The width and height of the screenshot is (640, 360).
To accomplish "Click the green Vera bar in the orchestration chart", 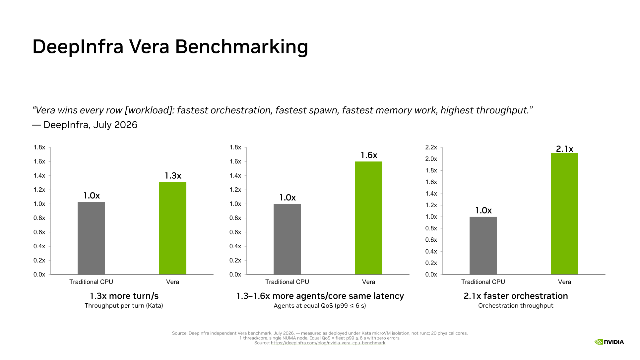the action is click(564, 213).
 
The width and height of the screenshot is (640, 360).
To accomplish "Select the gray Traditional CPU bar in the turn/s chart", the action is click(91, 238).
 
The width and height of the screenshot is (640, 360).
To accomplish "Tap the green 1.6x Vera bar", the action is click(368, 218).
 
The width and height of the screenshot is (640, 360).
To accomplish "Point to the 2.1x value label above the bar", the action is click(564, 149).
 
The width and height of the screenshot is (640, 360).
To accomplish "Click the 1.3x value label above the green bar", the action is click(173, 176).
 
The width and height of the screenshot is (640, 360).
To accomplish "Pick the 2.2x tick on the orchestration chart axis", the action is click(431, 147).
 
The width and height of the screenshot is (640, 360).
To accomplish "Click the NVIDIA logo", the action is click(609, 342).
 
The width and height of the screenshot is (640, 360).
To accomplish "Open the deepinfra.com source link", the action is click(328, 343).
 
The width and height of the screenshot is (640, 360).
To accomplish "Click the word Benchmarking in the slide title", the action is click(241, 47).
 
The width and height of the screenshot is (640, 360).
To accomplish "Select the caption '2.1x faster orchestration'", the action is click(516, 296).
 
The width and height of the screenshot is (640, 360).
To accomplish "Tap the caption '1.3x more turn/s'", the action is click(124, 296).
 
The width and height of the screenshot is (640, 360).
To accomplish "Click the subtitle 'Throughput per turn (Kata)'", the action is click(124, 306).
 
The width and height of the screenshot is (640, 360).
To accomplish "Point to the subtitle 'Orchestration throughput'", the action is click(516, 306).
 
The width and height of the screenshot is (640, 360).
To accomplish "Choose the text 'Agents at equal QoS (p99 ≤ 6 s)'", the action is click(320, 306).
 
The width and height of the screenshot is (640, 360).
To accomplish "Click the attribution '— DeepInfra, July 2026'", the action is click(85, 125).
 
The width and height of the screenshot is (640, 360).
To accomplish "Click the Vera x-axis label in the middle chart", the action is click(368, 282).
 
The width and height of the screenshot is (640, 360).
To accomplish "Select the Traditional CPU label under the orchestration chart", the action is click(483, 282).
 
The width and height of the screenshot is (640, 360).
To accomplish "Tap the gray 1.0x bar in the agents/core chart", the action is click(287, 239).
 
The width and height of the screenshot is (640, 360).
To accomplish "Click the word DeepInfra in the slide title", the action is click(78, 47).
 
